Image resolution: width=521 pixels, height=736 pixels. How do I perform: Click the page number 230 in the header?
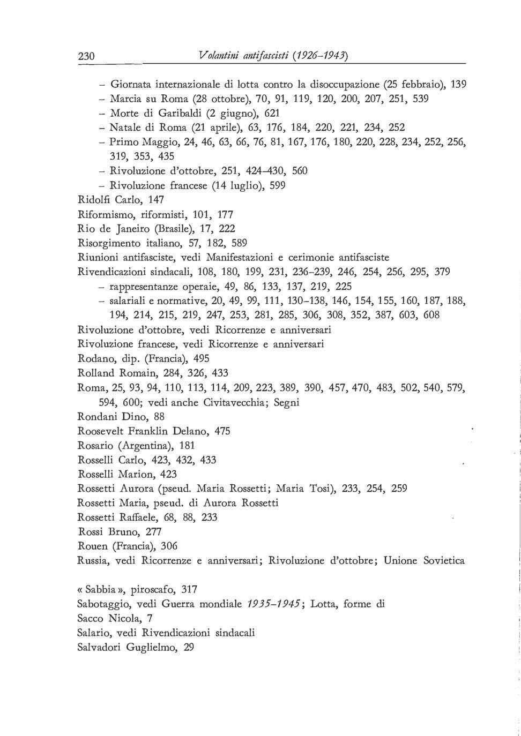pos(86,55)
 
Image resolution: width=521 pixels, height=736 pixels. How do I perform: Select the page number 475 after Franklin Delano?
pos(222,431)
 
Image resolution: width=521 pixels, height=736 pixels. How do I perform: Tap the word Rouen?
pos(92,546)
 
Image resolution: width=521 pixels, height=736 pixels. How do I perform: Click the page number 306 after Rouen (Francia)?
pos(168,546)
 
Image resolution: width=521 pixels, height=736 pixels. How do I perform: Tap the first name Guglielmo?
pos(152,647)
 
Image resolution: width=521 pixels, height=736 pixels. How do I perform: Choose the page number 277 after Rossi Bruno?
pos(153,532)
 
